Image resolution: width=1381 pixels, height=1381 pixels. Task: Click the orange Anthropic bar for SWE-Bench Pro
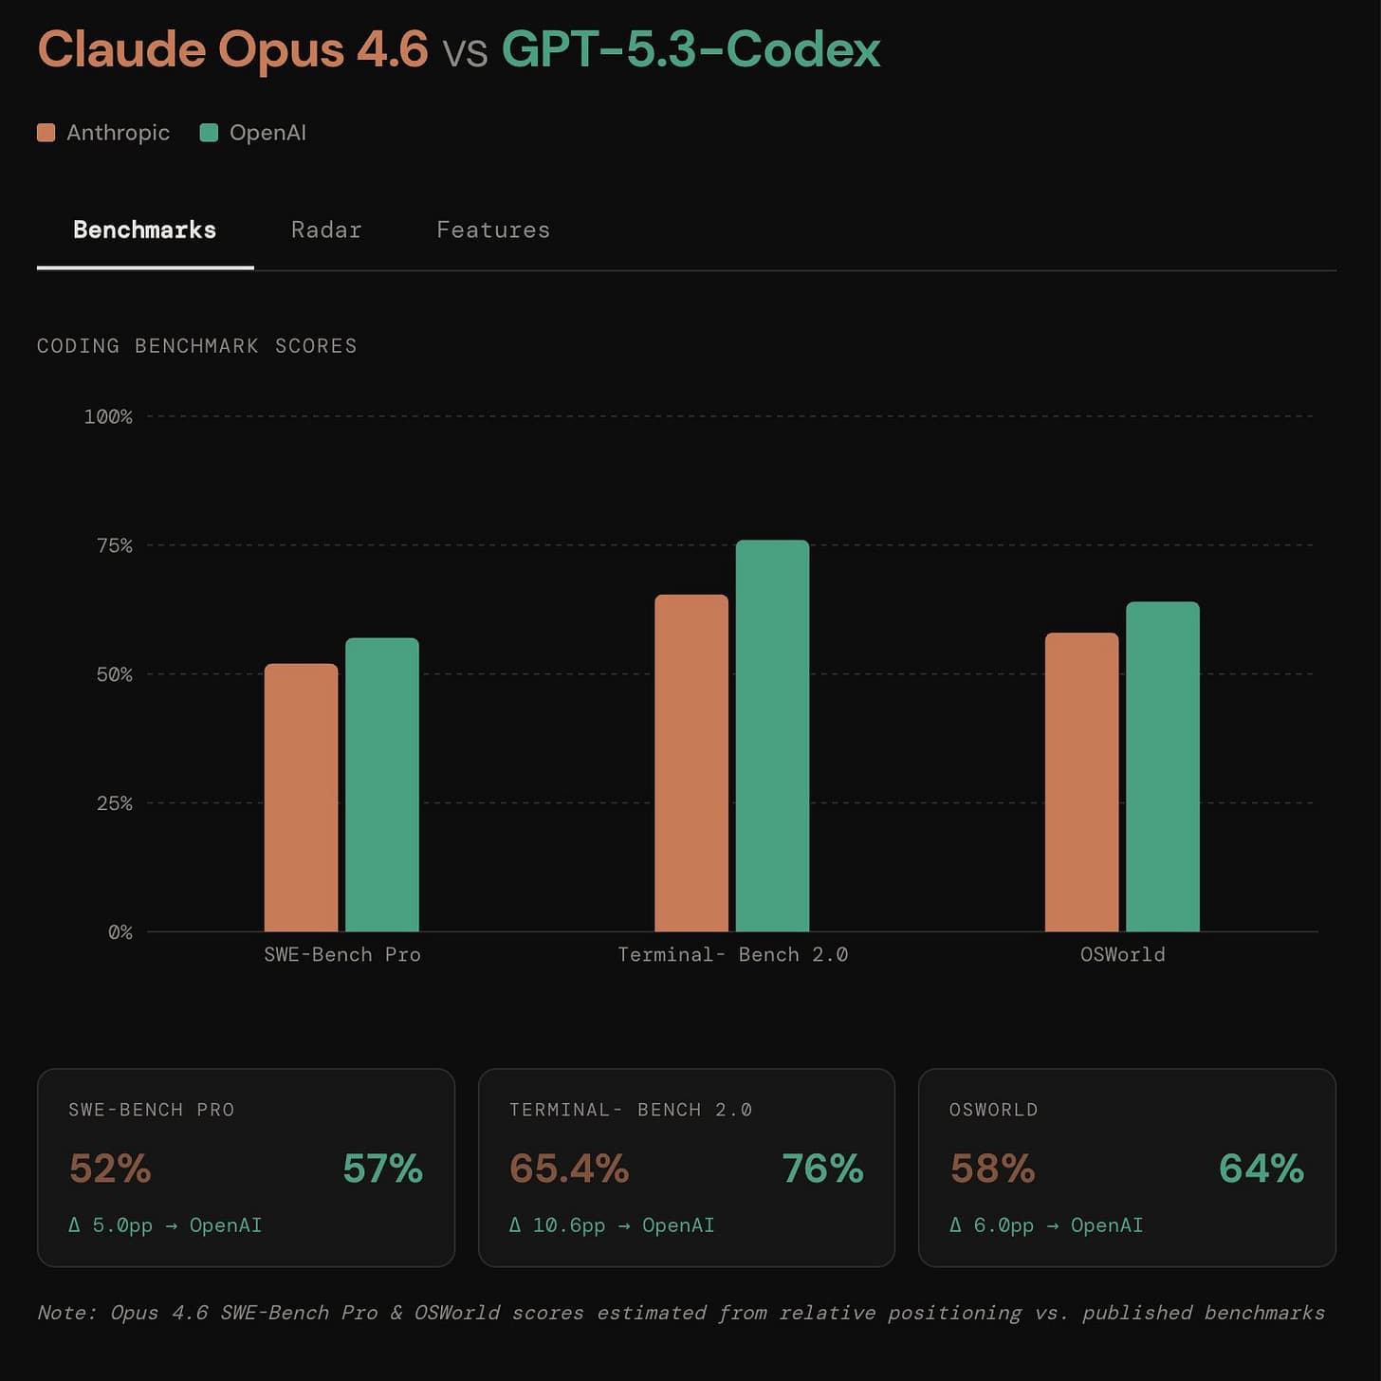[x=301, y=797]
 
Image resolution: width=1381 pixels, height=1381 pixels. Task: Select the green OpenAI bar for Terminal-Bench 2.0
[x=772, y=736]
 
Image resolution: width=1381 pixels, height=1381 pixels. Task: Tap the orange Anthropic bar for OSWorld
[x=1081, y=782]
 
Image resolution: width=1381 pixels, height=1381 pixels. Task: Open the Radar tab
[x=326, y=230]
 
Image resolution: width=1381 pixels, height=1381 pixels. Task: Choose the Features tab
[x=493, y=230]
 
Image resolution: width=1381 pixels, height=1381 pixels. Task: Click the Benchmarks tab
[x=145, y=230]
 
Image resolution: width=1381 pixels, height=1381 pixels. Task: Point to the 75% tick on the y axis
[x=114, y=545]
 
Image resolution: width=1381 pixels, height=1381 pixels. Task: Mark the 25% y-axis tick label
[x=114, y=803]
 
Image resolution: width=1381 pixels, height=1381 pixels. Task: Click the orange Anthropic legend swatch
[x=46, y=133]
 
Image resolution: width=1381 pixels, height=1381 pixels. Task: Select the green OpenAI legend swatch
[x=209, y=133]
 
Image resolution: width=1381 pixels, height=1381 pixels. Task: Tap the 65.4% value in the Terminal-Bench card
[x=569, y=1169]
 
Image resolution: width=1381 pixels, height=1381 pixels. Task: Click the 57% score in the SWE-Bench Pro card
[x=382, y=1169]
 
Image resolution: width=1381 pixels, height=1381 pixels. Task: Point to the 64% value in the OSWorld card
[x=1261, y=1169]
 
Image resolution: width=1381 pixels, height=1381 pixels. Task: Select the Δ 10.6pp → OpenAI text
[x=612, y=1225]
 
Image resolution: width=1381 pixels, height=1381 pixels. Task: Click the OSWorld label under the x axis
[x=1122, y=955]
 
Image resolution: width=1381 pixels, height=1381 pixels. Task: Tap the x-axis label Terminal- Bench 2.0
[x=732, y=955]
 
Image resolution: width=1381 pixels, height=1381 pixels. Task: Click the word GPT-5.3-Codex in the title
[x=690, y=49]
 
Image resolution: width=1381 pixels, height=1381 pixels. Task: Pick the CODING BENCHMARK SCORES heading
[x=196, y=346]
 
